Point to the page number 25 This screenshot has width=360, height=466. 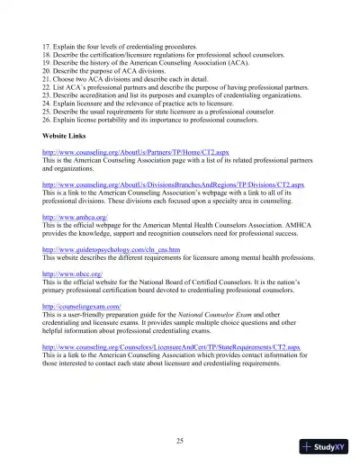[180, 415]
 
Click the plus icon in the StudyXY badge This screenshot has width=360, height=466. [307, 446]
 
